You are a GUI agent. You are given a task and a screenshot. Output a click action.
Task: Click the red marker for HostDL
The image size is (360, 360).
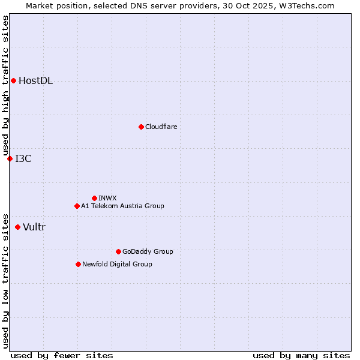coord(13,80)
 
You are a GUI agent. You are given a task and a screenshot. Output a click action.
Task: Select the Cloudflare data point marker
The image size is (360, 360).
coord(141,127)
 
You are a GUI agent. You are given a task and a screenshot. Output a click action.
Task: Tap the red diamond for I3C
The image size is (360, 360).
coord(10,158)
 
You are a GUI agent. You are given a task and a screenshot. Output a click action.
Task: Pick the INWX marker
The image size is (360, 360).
coord(94,198)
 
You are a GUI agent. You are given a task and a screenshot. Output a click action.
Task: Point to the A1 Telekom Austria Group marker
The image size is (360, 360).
coord(77,206)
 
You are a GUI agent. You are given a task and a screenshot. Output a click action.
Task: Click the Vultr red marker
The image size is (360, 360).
coord(17,227)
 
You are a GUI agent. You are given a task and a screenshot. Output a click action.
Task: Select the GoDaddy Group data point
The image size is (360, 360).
coord(118,251)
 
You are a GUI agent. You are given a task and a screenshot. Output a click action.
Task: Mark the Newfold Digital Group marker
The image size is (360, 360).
coord(78,264)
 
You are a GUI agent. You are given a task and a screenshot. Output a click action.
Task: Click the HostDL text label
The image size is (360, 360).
coord(35,81)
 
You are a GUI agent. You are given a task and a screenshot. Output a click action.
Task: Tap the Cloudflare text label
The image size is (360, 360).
coord(161,127)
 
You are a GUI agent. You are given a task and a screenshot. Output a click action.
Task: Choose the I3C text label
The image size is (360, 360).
coord(23,159)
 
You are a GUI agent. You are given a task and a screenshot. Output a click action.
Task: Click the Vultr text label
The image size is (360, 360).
coord(34,227)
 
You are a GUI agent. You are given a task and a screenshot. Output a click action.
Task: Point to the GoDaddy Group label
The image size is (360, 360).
coord(148,251)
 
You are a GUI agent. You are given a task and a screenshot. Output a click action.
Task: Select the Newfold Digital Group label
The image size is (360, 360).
coord(117,264)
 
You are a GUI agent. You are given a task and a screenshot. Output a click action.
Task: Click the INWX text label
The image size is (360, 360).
coord(107,198)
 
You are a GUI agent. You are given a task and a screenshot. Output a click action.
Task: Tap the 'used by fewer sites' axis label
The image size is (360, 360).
coord(62,355)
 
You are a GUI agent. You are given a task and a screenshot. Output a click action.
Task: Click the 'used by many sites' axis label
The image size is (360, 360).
coord(301,355)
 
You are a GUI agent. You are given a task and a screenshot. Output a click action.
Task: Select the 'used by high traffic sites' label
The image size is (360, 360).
coord(5,85)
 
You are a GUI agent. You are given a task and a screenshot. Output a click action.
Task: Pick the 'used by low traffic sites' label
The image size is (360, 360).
coord(5,280)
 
